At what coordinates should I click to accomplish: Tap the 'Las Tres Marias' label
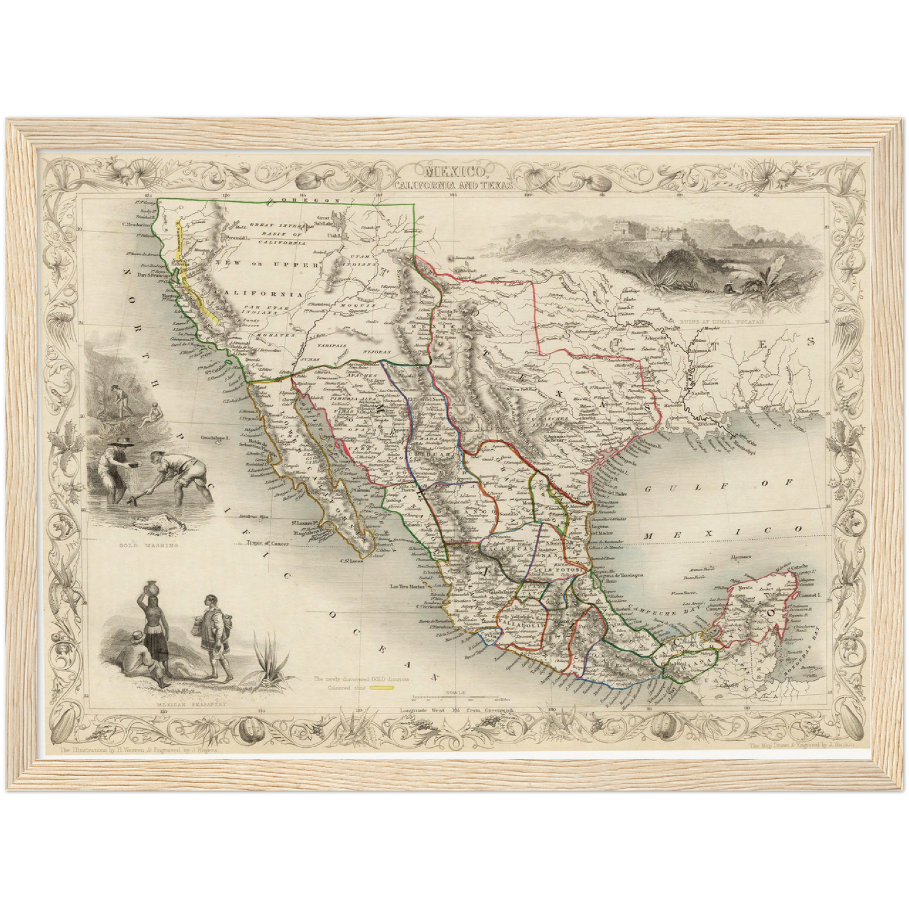[x=410, y=588]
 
